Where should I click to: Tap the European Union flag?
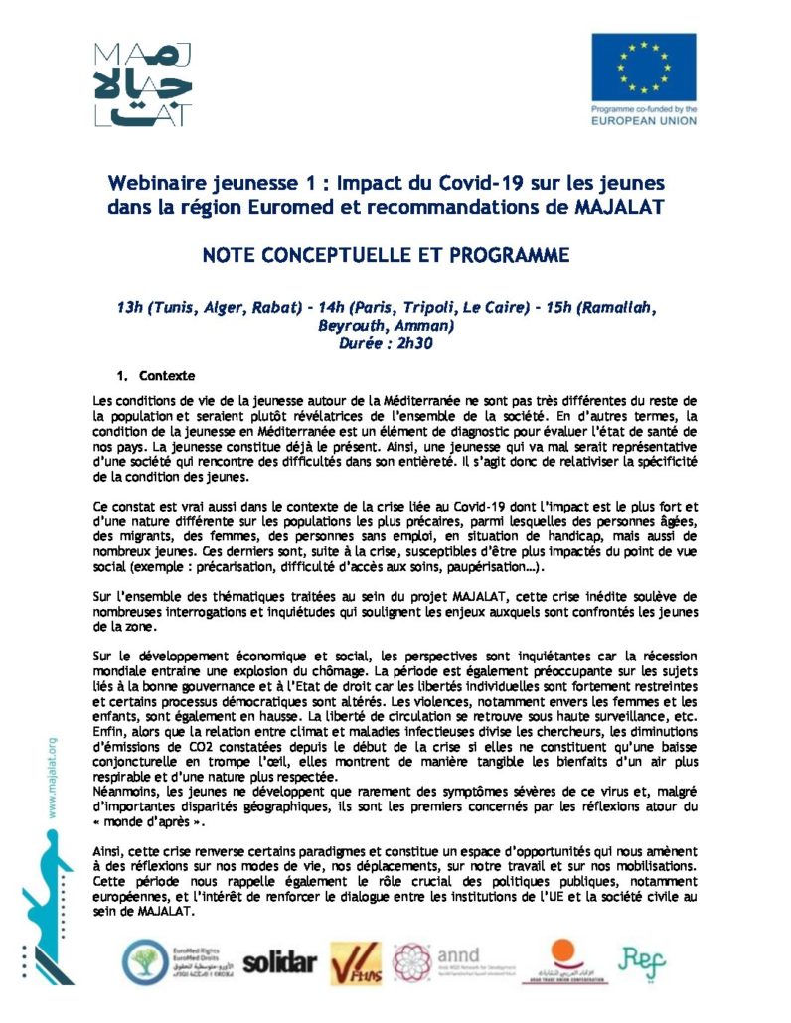tap(643, 66)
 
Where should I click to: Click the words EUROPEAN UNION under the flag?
tap(643, 120)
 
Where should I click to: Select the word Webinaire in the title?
tap(159, 184)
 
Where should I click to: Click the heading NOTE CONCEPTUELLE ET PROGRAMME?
tap(386, 255)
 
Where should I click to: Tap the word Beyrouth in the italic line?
tap(353, 325)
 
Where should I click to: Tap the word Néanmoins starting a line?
tap(125, 791)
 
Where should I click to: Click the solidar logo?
tap(279, 961)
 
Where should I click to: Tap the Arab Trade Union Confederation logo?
tap(561, 959)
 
